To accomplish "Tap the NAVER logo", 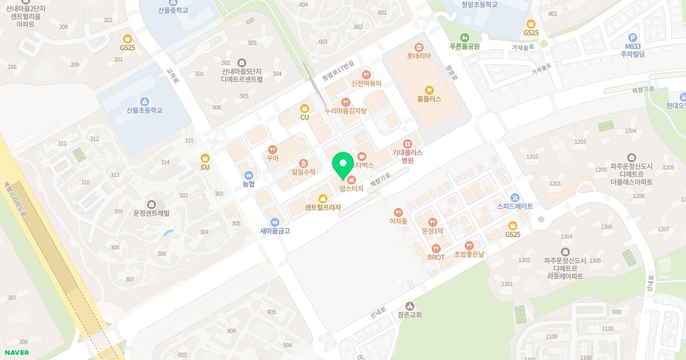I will point(17,353).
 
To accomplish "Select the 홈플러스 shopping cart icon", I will point(429,90).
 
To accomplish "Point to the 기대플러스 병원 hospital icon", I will point(408,143).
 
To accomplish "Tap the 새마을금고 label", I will point(275,231).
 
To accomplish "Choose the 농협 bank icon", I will point(249,175).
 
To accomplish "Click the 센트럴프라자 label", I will point(322,207).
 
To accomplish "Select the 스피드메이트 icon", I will point(514,197).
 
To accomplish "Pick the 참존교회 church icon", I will point(409,306).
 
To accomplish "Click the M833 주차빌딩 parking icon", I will point(632,37).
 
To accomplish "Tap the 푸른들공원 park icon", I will point(464,38).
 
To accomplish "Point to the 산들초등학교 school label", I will point(145,110).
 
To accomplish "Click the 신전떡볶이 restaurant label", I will point(366,83).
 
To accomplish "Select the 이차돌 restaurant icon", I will point(398,213).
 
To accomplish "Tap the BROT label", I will point(436,257).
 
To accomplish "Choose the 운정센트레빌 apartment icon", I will point(151,204).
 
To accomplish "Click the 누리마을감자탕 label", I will point(346,110).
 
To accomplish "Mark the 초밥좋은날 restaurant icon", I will point(469,246).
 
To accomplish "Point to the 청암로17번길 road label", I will point(338,71).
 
